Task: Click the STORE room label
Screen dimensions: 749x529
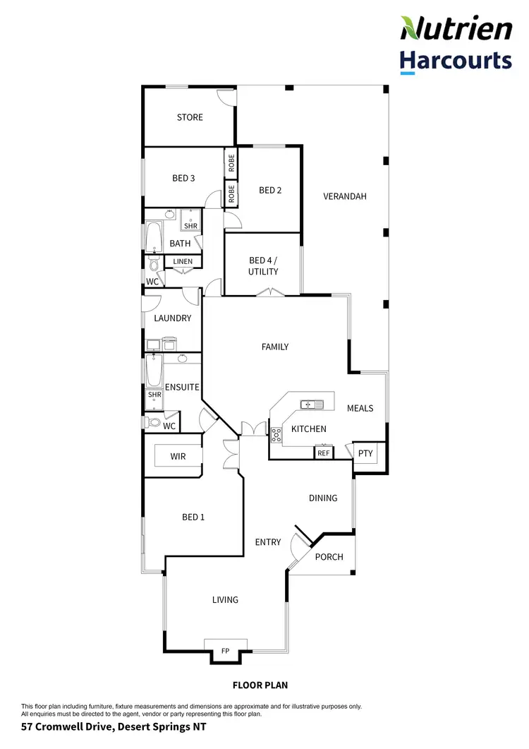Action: (190, 117)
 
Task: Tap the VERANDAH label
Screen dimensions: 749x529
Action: (345, 196)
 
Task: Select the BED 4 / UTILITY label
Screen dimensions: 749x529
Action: (263, 265)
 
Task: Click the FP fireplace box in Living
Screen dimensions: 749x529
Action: (226, 650)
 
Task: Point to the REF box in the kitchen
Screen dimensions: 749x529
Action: (324, 453)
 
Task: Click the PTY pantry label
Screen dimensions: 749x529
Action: (365, 453)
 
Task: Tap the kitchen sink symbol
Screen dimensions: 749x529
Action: (311, 405)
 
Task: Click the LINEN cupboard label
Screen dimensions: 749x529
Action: (183, 262)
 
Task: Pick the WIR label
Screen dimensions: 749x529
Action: (178, 457)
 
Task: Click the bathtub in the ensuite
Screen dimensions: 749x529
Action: (154, 371)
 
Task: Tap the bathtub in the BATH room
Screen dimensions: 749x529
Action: (154, 237)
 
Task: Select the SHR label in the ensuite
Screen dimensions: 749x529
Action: (154, 395)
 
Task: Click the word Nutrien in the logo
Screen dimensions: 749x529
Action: (456, 29)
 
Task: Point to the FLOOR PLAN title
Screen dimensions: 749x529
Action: (260, 685)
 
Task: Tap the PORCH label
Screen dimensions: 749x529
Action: (329, 557)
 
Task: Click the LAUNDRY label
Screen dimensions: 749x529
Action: (173, 318)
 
